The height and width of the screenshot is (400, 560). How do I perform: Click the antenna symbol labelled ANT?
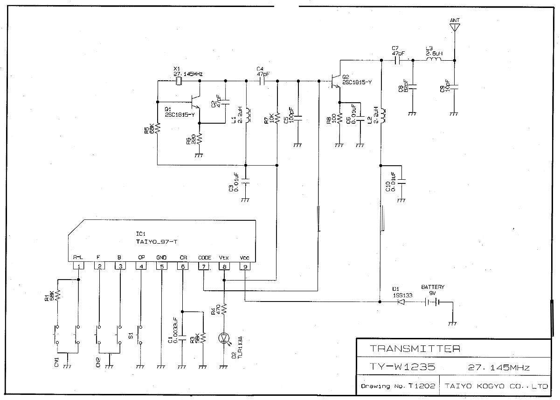(x=454, y=27)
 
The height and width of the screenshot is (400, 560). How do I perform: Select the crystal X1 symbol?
(x=179, y=81)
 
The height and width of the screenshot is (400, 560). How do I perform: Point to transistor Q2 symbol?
(x=336, y=82)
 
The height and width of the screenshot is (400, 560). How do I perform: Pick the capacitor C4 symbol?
(x=262, y=81)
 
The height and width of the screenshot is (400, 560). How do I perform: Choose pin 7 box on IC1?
(x=204, y=267)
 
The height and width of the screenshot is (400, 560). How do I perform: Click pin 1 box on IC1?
(x=79, y=267)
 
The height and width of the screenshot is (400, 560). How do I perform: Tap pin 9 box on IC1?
(x=245, y=267)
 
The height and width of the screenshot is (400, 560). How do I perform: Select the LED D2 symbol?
(x=225, y=337)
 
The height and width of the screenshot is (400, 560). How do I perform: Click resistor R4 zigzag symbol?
(x=224, y=310)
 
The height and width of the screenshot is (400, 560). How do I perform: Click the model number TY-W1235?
(x=403, y=367)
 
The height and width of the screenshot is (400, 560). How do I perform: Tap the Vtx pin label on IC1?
(x=224, y=258)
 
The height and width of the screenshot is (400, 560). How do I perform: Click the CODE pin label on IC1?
(x=204, y=258)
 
